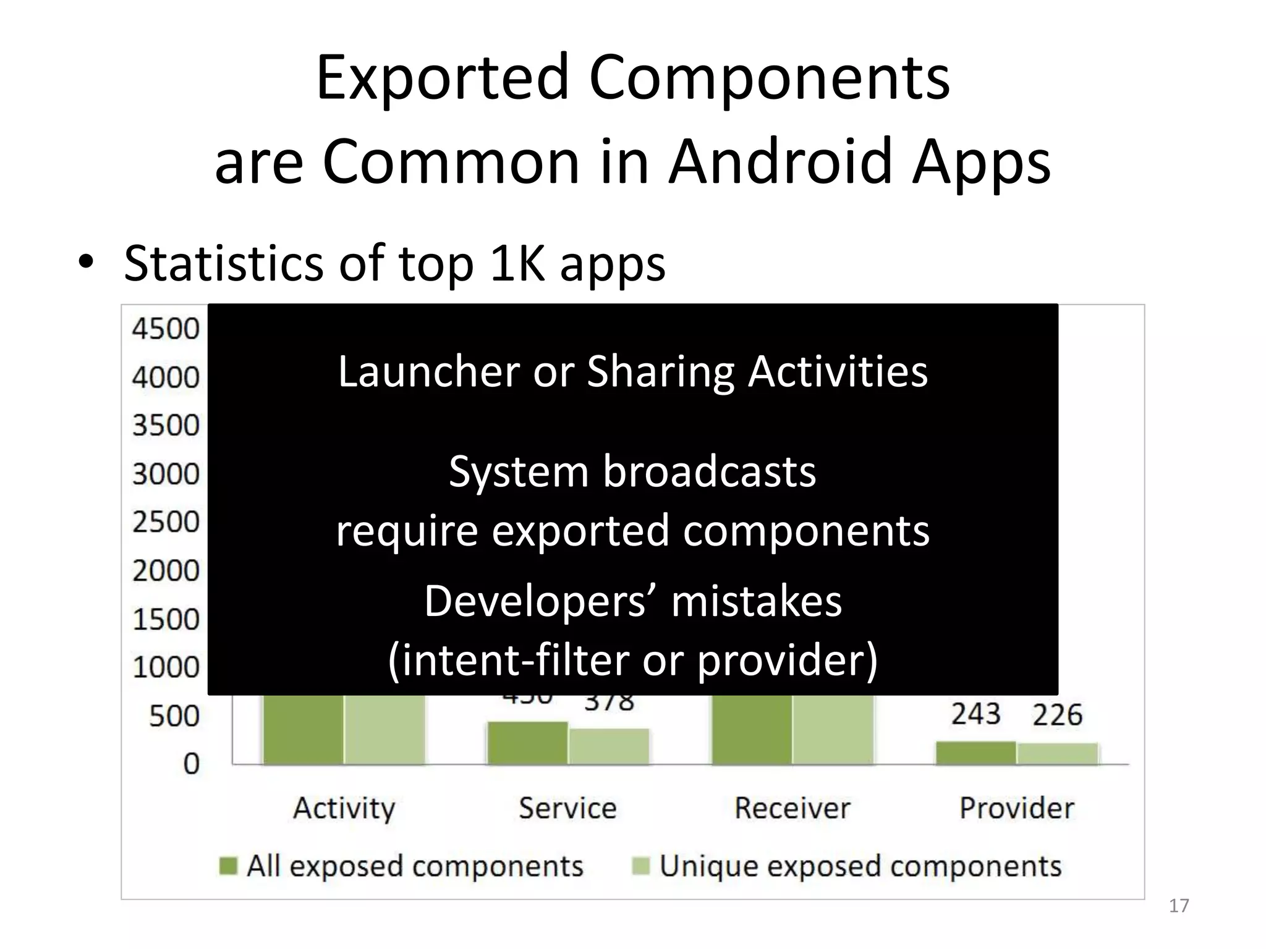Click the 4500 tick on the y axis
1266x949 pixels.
(165, 329)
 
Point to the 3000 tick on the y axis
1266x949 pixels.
(165, 474)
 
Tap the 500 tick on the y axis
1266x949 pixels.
(174, 716)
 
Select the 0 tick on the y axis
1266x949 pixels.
(191, 764)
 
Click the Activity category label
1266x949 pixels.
(344, 808)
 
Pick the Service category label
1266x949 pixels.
(567, 808)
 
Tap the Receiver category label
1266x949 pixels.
(792, 808)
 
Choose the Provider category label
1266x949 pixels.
(1016, 808)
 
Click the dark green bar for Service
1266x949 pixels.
(527, 743)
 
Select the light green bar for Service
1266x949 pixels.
(609, 747)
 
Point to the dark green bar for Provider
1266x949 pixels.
(975, 753)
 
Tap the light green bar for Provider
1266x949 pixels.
(1057, 754)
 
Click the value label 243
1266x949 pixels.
(975, 714)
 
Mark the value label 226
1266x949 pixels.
(1057, 715)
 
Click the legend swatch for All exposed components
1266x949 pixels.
(229, 866)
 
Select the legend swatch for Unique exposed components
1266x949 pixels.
(641, 866)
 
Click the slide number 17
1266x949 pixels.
(1179, 906)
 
